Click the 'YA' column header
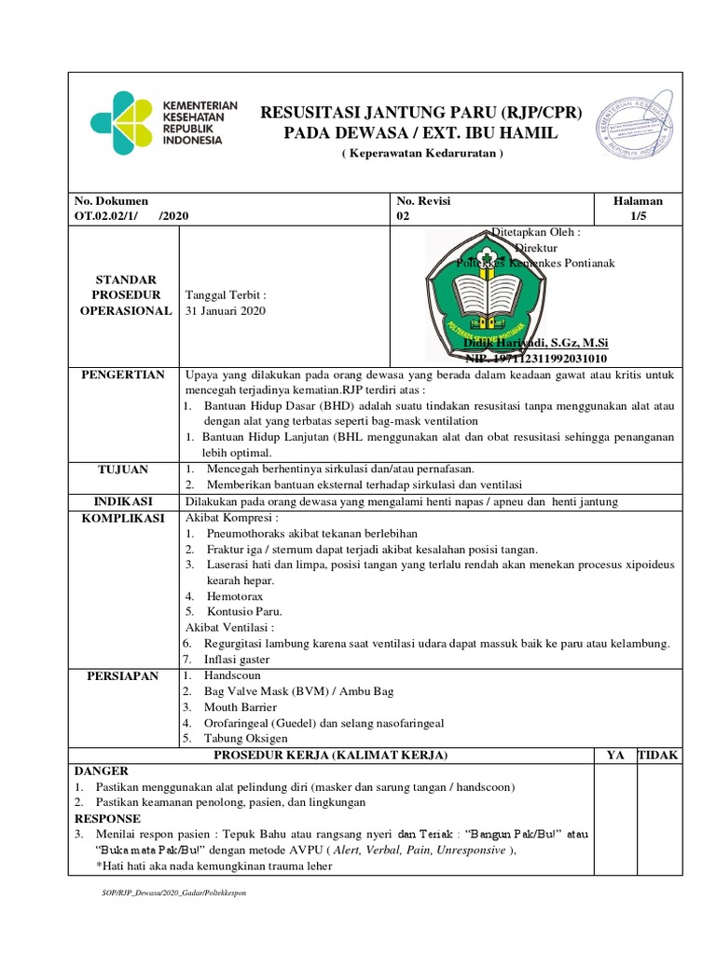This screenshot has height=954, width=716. pyautogui.click(x=615, y=755)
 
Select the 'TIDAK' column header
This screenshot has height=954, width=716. pyautogui.click(x=658, y=755)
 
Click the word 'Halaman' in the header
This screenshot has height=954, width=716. pyautogui.click(x=638, y=200)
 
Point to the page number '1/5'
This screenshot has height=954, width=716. pyautogui.click(x=638, y=215)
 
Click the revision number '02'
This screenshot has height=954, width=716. pyautogui.click(x=404, y=215)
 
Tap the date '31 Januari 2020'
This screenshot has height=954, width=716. pyautogui.click(x=226, y=311)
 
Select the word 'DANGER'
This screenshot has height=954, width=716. pyautogui.click(x=101, y=771)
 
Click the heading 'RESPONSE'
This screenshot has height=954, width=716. pyautogui.click(x=107, y=817)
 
